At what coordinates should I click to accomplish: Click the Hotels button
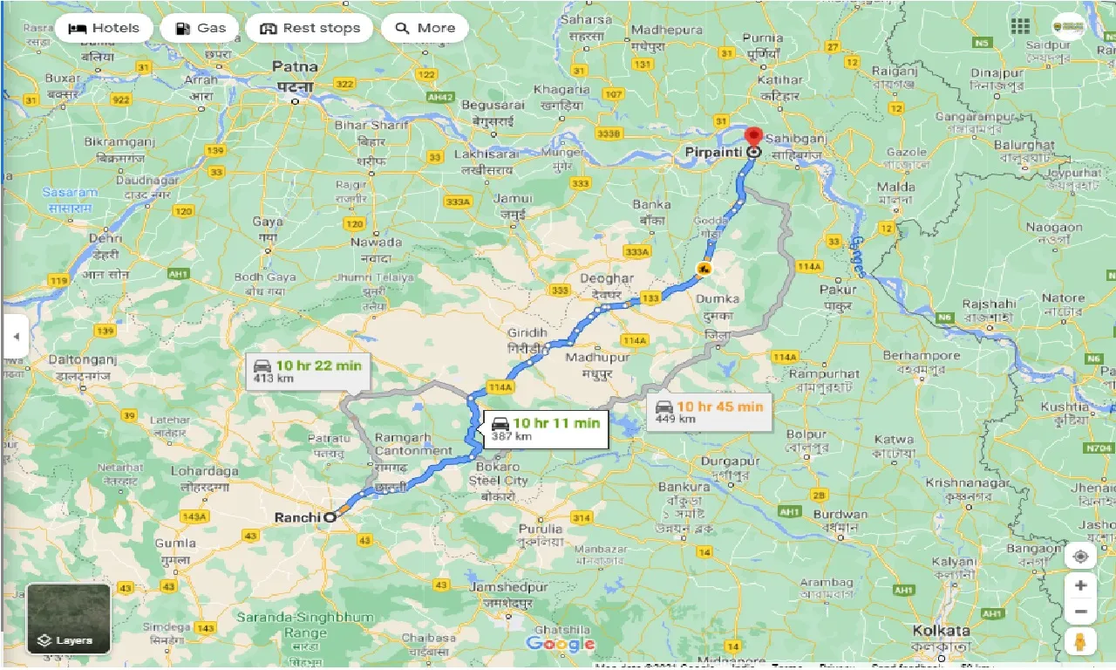click(x=103, y=28)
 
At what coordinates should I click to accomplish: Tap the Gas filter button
click(x=200, y=28)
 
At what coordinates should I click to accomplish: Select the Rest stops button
click(x=310, y=28)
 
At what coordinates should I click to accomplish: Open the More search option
click(x=425, y=28)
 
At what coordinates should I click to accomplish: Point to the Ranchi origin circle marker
click(x=330, y=517)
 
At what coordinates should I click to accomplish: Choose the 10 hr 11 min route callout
click(x=546, y=429)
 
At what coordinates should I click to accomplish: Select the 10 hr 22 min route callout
click(x=308, y=372)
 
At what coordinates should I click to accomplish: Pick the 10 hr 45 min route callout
click(x=709, y=412)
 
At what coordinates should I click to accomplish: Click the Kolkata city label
click(x=941, y=630)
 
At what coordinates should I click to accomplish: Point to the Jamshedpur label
click(x=508, y=587)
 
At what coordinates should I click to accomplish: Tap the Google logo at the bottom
click(x=560, y=645)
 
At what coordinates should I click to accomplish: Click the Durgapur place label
click(x=731, y=461)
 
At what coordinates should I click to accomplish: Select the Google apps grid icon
click(x=1021, y=26)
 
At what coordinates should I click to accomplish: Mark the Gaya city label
click(x=268, y=222)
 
